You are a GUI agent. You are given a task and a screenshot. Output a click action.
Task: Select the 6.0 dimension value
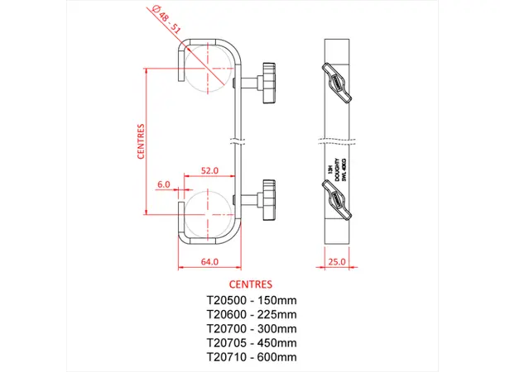tap(163, 184)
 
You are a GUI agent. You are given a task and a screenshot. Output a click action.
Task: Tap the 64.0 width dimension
tap(209, 262)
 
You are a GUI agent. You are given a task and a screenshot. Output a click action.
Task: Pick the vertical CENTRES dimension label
tap(142, 141)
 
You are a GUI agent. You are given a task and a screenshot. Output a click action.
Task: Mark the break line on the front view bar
tap(238, 141)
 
